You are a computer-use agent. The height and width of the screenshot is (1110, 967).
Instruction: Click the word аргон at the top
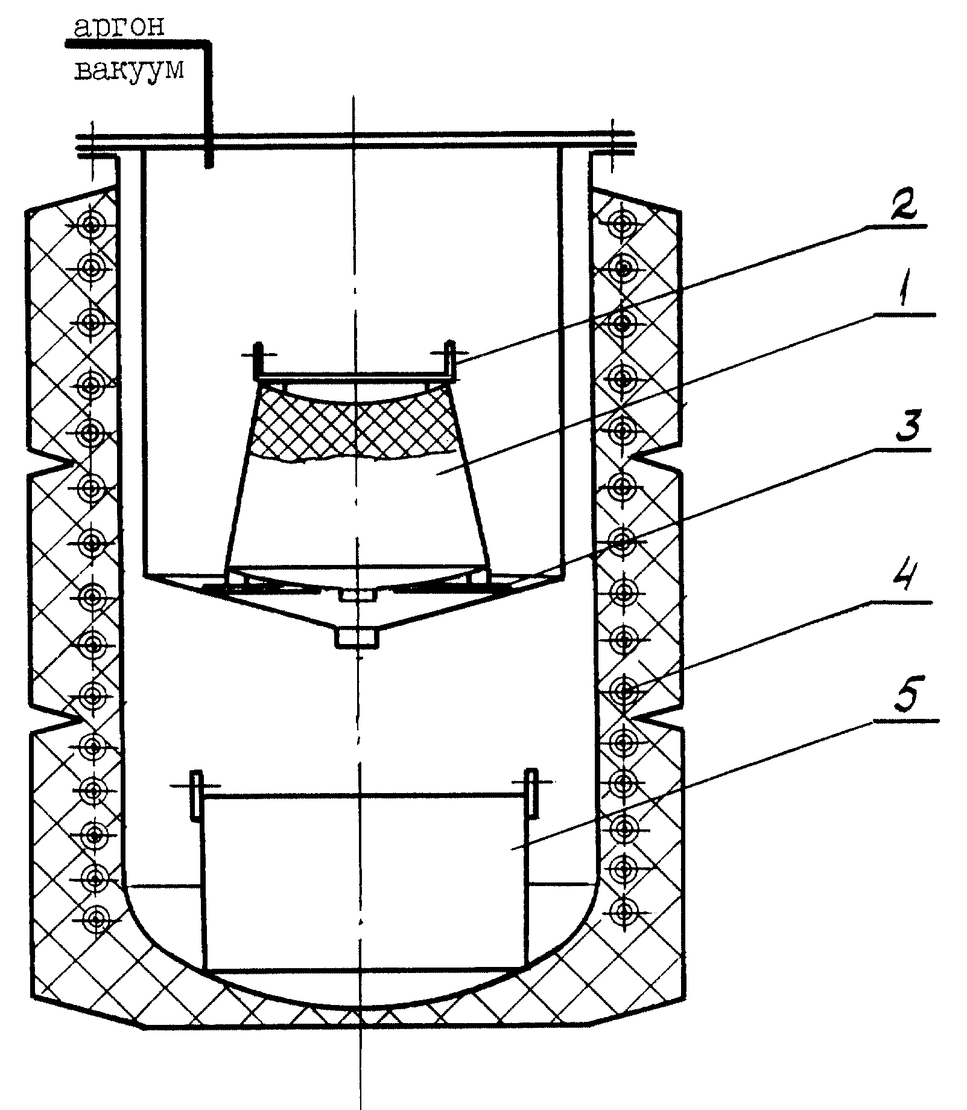118,27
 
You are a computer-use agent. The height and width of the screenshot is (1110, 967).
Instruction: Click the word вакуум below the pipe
129,71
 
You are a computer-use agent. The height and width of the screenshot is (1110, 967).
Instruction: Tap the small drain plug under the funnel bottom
357,639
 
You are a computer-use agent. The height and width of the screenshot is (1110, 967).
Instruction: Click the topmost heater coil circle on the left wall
92,226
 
